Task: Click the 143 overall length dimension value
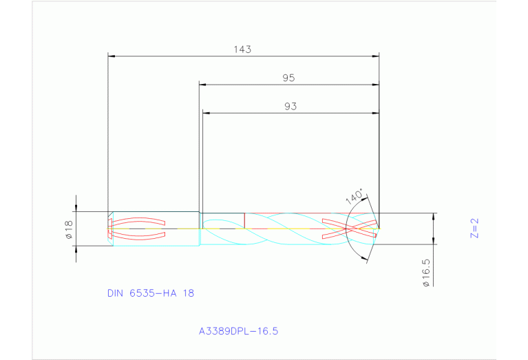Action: [x=242, y=49]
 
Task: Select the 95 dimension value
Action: [x=288, y=78]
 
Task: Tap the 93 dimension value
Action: [x=290, y=107]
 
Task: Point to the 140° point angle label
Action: [x=354, y=197]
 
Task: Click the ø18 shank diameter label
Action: [x=69, y=229]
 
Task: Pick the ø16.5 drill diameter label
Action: [x=427, y=273]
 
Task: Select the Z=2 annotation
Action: [x=474, y=228]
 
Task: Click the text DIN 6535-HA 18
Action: [x=151, y=293]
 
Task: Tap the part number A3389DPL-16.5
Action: [x=238, y=331]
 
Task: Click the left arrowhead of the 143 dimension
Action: [x=112, y=56]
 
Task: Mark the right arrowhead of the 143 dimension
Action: [x=376, y=56]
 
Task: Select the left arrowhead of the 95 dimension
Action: [x=202, y=85]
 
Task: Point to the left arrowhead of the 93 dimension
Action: [x=205, y=113]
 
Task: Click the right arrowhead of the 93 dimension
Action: [x=376, y=113]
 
